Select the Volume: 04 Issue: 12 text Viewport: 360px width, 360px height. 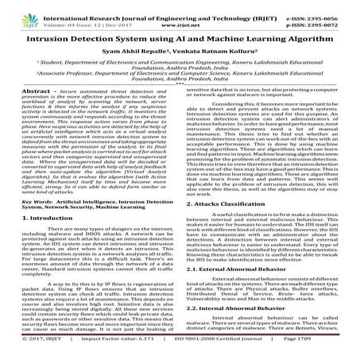[76, 15]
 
